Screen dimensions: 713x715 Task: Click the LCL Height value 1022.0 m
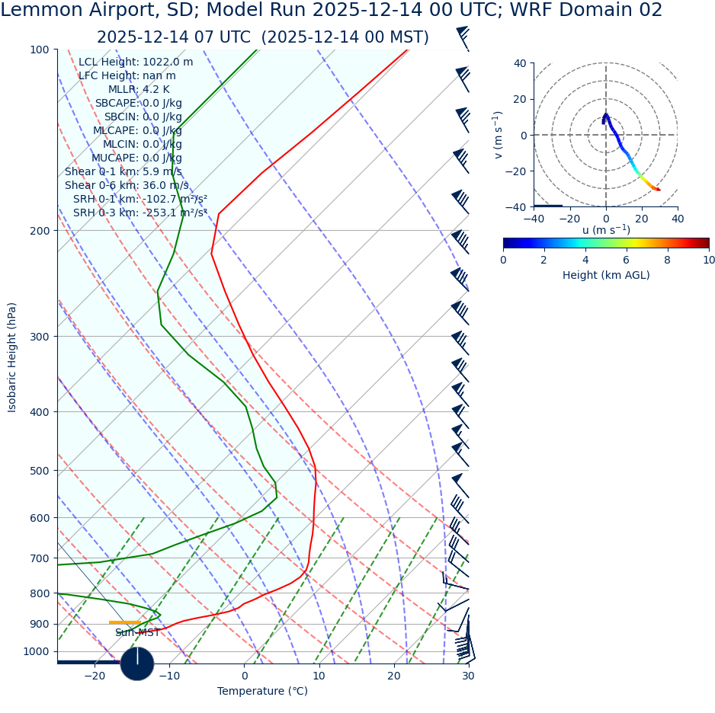coord(168,62)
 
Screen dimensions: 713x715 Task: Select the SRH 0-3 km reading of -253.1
coord(175,213)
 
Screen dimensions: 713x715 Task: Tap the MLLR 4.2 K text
coord(156,90)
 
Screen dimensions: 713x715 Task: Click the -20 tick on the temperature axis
coord(95,676)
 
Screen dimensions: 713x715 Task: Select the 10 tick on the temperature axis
coord(319,676)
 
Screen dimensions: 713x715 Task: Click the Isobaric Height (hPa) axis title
coord(12,357)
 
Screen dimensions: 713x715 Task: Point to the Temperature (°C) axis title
coord(262,692)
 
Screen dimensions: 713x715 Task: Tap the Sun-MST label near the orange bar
coord(137,633)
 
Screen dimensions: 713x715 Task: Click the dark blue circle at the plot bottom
coord(137,663)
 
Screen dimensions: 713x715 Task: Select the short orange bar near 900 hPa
coord(125,622)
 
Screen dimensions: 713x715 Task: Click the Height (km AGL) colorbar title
coord(606,275)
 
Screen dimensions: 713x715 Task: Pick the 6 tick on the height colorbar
coord(627,260)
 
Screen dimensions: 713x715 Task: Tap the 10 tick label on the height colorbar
coord(708,260)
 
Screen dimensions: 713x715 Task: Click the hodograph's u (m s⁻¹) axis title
coord(606,230)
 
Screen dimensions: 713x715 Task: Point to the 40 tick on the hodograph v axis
coord(520,63)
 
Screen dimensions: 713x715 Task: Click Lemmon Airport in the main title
coord(74,11)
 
